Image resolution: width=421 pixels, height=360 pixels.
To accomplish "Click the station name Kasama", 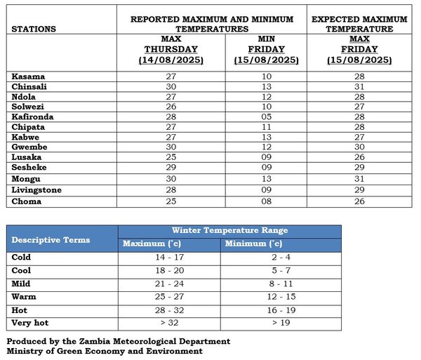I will click(x=27, y=75).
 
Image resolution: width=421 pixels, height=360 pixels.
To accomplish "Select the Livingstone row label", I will click(x=36, y=190).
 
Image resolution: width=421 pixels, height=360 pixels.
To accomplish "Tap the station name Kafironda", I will click(x=33, y=116).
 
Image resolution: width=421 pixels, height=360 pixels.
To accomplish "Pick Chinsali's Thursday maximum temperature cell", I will click(x=171, y=86).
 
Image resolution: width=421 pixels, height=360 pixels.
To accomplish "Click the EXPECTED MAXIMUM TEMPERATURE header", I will click(x=359, y=24).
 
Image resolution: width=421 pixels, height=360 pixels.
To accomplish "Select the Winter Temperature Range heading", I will click(x=229, y=230).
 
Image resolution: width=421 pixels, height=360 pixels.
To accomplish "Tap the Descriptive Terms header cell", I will click(x=51, y=240).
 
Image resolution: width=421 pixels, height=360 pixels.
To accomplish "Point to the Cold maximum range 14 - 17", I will click(x=169, y=258).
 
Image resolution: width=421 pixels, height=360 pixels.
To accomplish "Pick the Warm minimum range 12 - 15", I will click(x=280, y=296).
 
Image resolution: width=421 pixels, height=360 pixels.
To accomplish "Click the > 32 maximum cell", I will click(x=169, y=322).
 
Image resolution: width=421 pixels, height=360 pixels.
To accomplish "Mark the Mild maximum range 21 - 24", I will click(x=169, y=284).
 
